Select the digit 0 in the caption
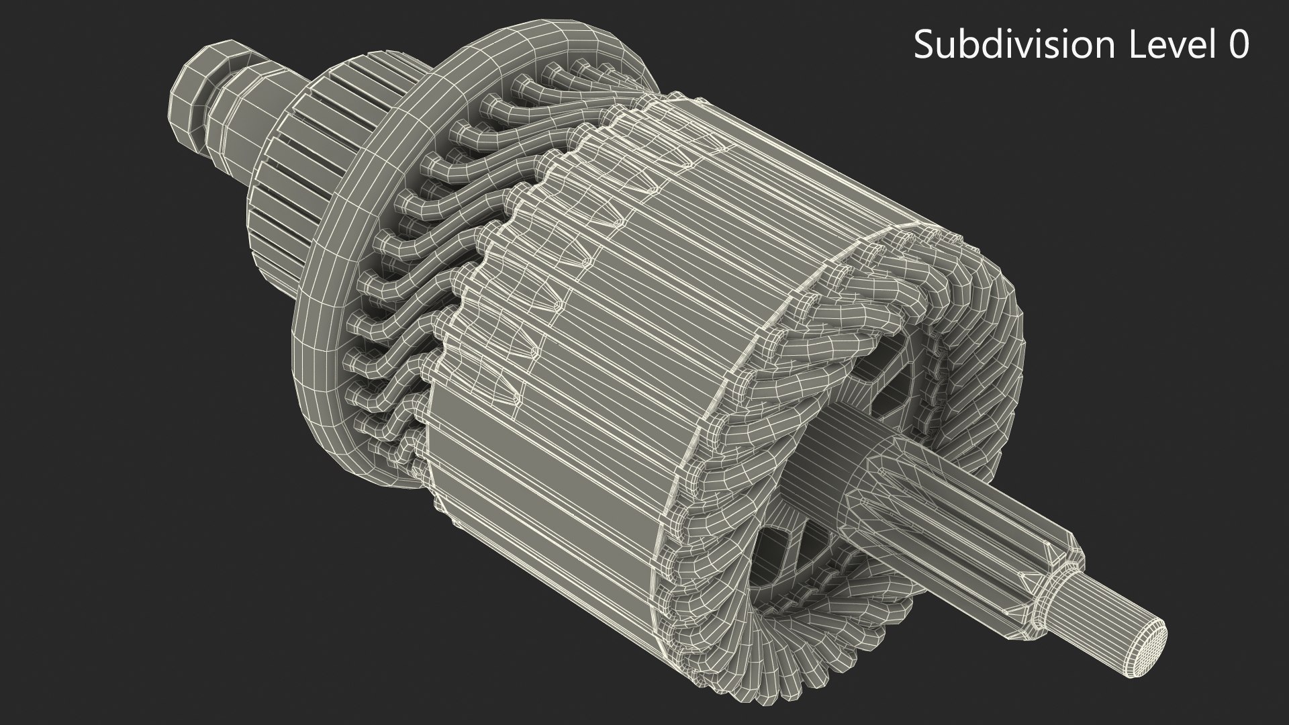[x=1238, y=45]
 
